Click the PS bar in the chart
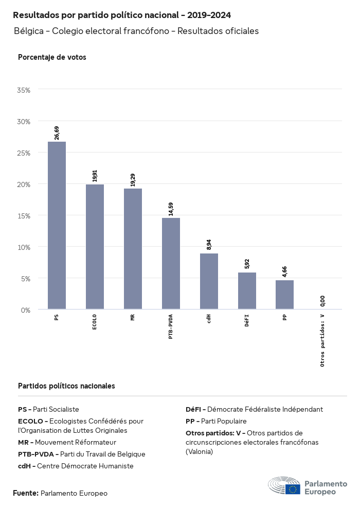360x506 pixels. coord(57,226)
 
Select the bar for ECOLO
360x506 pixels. coord(95,247)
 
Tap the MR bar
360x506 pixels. coord(133,249)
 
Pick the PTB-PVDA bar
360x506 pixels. coord(171,263)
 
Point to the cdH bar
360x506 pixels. coord(209,281)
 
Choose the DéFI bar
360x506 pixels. coord(247,291)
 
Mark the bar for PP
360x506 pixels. coord(284,295)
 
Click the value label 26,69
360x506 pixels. coord(57,132)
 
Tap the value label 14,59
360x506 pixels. coord(171,209)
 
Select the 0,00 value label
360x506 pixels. coord(322,301)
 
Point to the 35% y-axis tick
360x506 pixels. coord(24,90)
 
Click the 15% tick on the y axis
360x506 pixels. coord(24,215)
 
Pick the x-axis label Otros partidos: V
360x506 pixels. coord(322,340)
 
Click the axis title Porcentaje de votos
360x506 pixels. coord(52,57)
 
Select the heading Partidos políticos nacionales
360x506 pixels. coord(66,385)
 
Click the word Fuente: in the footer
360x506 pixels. coord(26,493)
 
